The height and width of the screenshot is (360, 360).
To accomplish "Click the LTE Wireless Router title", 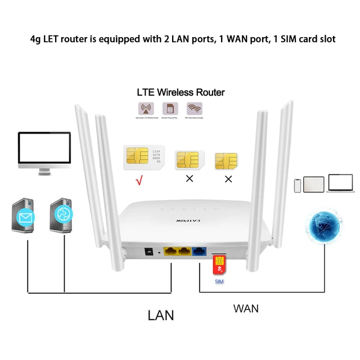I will pyautogui.click(x=181, y=92).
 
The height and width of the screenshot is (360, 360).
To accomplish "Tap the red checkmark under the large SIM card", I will pyautogui.click(x=138, y=181).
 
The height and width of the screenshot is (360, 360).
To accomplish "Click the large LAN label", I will pyautogui.click(x=160, y=314).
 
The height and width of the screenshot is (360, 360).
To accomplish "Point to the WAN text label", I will pyautogui.click(x=246, y=308).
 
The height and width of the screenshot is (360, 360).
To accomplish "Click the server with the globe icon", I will pyautogui.click(x=62, y=214).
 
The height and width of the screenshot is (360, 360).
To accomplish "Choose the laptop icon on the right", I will pyautogui.click(x=340, y=184).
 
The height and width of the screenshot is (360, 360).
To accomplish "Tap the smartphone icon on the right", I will pyautogui.click(x=297, y=185).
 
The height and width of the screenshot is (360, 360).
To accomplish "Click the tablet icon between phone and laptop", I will pyautogui.click(x=314, y=184).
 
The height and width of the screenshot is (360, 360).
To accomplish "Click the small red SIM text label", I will pyautogui.click(x=219, y=280).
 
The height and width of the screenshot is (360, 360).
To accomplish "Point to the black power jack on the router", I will pyautogui.click(x=150, y=253).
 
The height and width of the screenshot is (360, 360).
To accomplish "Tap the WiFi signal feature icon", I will pyautogui.click(x=195, y=109).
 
